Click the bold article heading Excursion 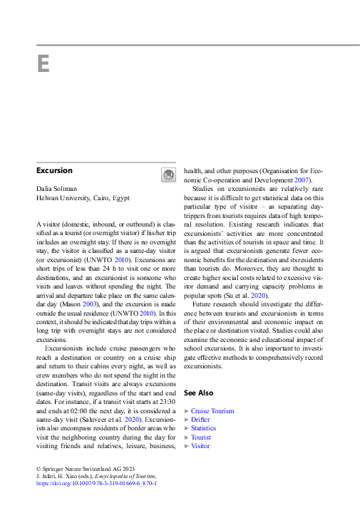[x=54, y=171]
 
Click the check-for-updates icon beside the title [x=168, y=175]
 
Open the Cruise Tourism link [x=212, y=411]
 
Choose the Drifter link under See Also [x=200, y=420]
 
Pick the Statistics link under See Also [x=203, y=428]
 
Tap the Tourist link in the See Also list [x=200, y=437]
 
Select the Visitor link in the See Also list [x=200, y=446]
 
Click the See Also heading [x=198, y=393]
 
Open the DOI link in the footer [x=96, y=484]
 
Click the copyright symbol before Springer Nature [x=38, y=468]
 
